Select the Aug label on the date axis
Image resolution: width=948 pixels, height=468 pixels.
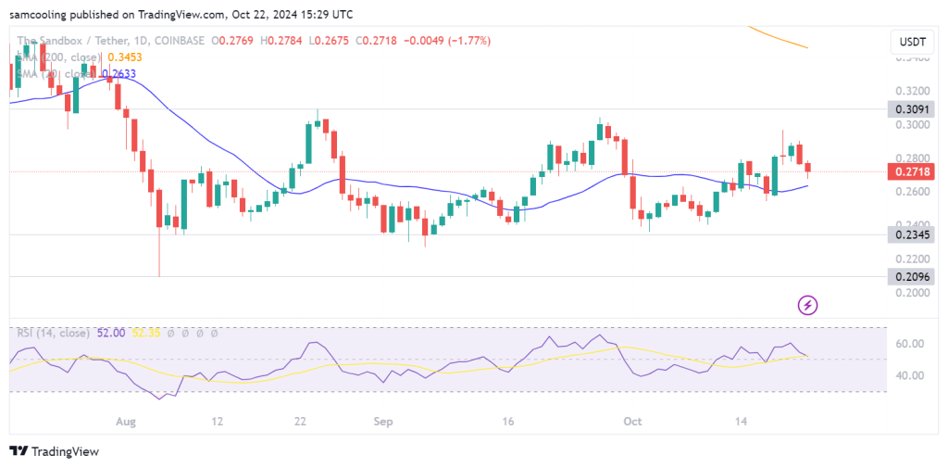127,420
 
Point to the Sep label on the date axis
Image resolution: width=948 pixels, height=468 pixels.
383,420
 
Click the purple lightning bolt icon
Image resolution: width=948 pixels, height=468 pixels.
808,304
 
